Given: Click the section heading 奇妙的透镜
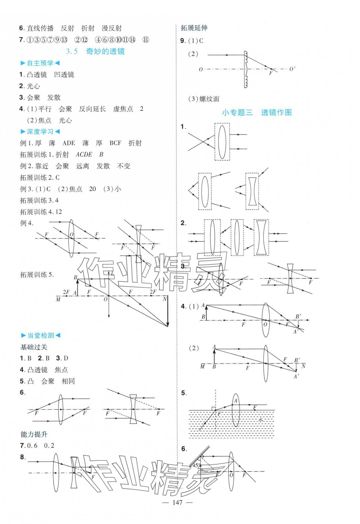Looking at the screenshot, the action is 105,52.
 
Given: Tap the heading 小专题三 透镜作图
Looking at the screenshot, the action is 257,113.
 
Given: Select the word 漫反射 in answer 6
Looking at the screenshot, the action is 112,28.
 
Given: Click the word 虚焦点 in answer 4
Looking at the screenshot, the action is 123,109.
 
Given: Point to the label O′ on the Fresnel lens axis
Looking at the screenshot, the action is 292,69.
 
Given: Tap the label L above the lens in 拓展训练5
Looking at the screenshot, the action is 112,274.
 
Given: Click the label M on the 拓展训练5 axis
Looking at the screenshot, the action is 58,299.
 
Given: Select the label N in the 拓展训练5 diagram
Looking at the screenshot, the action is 165,299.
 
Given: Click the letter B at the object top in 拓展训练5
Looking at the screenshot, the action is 75,278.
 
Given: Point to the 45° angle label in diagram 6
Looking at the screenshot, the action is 197,465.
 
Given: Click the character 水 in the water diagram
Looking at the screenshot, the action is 261,420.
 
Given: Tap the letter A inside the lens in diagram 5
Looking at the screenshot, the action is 236,401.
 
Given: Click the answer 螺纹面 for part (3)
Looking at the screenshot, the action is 209,99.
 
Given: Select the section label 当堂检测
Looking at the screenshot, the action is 40,335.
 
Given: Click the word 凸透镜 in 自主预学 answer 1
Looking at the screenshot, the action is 37,75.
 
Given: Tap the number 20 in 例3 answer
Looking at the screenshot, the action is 92,189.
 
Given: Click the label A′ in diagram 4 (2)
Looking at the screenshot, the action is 296,376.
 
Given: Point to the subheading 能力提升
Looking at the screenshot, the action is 34,434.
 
